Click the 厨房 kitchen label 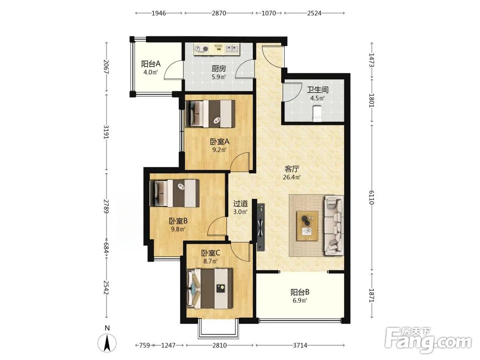coord(218,69)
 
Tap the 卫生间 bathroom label coord(318,90)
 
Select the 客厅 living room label coord(292,169)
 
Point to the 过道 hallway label coord(240,204)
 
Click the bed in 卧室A coord(210,114)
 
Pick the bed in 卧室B coord(174,193)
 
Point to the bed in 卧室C coord(210,288)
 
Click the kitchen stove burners coord(202,48)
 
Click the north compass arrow coord(107,343)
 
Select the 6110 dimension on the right coord(372,197)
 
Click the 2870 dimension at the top coord(219,13)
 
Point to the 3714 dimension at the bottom coord(300,345)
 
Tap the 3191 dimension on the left coord(106,132)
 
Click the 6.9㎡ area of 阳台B coord(300,300)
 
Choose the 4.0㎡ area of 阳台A coord(151,72)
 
